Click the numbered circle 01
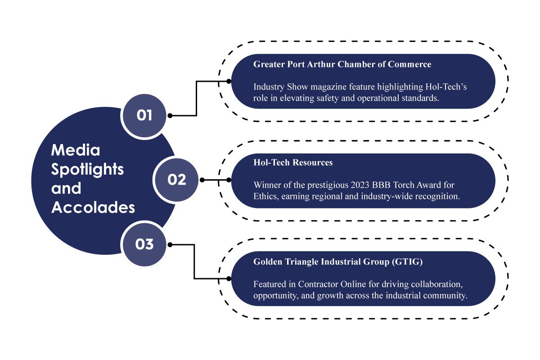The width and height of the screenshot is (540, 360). pyautogui.click(x=144, y=116)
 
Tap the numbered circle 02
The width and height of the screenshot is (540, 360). pyautogui.click(x=177, y=180)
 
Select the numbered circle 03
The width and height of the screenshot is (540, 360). pyautogui.click(x=144, y=244)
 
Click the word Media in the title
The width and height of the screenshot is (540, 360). pyautogui.click(x=76, y=149)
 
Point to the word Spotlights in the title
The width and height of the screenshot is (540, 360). pyautogui.click(x=88, y=169)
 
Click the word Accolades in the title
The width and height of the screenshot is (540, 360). pyautogui.click(x=93, y=208)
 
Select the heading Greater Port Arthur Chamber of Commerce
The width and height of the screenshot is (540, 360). pyautogui.click(x=342, y=64)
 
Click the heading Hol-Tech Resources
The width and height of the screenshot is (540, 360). pyautogui.click(x=293, y=162)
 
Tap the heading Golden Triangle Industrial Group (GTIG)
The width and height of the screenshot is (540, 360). pyautogui.click(x=338, y=262)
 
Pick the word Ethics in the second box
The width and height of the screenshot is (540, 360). pyautogui.click(x=265, y=197)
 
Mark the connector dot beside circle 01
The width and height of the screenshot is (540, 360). pyautogui.click(x=170, y=116)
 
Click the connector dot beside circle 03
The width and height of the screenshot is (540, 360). pyautogui.click(x=170, y=244)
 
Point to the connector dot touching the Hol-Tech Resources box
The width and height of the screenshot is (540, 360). pyautogui.click(x=229, y=180)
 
